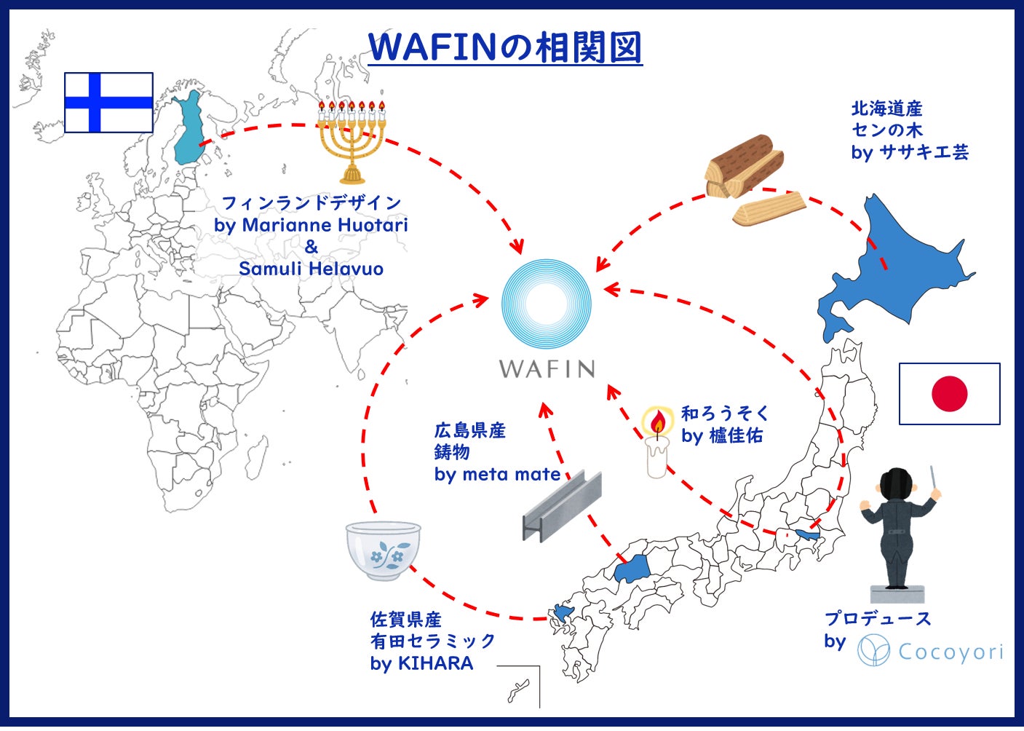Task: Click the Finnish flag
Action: click(x=108, y=103)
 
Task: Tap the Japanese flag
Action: click(x=950, y=394)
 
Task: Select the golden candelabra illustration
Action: click(x=352, y=142)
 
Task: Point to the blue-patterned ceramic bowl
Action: click(x=383, y=550)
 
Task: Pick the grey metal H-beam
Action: click(x=562, y=507)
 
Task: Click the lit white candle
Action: click(x=657, y=442)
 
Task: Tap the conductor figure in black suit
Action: click(x=898, y=534)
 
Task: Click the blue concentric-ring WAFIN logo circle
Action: click(x=547, y=304)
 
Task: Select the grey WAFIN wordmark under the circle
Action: click(x=547, y=368)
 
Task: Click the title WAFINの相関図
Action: click(x=505, y=47)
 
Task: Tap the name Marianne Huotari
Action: click(x=325, y=225)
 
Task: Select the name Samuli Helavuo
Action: click(x=311, y=269)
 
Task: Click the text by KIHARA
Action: click(x=421, y=663)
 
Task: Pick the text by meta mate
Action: click(x=497, y=475)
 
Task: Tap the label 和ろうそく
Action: click(x=725, y=414)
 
